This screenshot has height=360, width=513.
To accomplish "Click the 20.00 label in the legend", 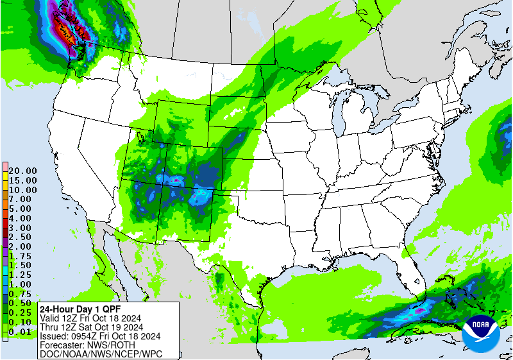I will click(x=22, y=171).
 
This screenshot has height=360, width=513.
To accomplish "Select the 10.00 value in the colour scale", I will click(x=22, y=190).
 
